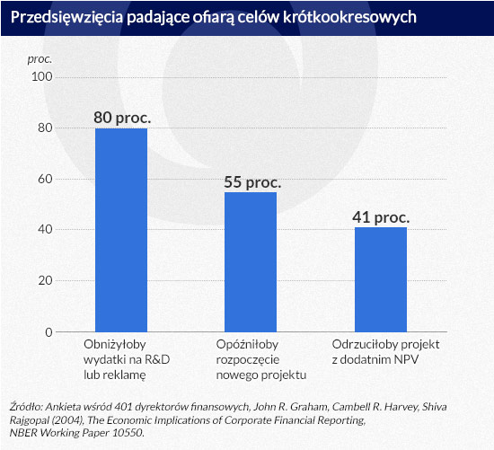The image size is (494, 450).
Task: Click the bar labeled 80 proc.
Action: click(121, 230)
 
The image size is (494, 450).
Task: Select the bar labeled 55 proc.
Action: click(251, 262)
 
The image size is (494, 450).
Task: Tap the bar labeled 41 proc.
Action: click(381, 279)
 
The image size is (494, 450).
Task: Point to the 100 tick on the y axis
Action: click(42, 76)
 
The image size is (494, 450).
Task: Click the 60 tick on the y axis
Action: click(45, 179)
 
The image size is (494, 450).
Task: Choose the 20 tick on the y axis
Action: click(45, 280)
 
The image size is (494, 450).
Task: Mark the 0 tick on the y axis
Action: click(49, 332)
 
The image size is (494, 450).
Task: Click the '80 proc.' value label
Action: click(122, 118)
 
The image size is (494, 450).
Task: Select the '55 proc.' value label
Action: click(252, 182)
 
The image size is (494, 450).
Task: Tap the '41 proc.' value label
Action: click(381, 217)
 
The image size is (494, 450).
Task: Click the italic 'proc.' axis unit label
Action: click(40, 59)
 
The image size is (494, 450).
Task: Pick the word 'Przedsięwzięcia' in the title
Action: click(66, 17)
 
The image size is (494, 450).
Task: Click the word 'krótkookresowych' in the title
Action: click(349, 17)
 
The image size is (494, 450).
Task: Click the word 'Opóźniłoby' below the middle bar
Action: click(247, 344)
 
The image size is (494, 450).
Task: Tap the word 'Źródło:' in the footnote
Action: click(26, 407)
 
